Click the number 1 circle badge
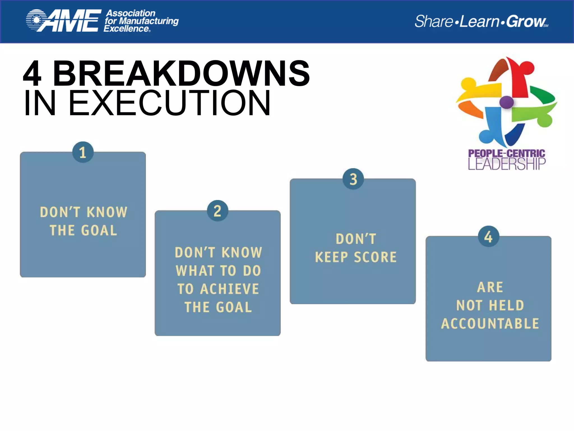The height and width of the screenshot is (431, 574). tap(83, 152)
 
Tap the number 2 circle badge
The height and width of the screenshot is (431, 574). tap(217, 211)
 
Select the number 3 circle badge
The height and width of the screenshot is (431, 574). tap(353, 179)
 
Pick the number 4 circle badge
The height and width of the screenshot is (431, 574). tap(489, 237)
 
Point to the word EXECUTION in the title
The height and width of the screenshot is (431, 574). tap(169, 103)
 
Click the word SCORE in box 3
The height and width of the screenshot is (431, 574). tap(375, 257)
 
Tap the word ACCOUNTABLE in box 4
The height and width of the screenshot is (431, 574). tap(490, 324)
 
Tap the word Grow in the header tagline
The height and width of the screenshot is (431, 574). tap(526, 21)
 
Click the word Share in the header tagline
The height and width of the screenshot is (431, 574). tap(433, 21)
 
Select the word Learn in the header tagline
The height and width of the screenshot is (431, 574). tap(479, 21)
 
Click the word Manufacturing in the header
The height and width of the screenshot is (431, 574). tap(149, 21)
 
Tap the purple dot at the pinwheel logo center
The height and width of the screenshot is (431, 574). tap(506, 102)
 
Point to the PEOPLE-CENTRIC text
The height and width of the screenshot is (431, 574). tap(507, 153)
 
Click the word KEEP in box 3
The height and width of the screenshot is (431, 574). tap(331, 257)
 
